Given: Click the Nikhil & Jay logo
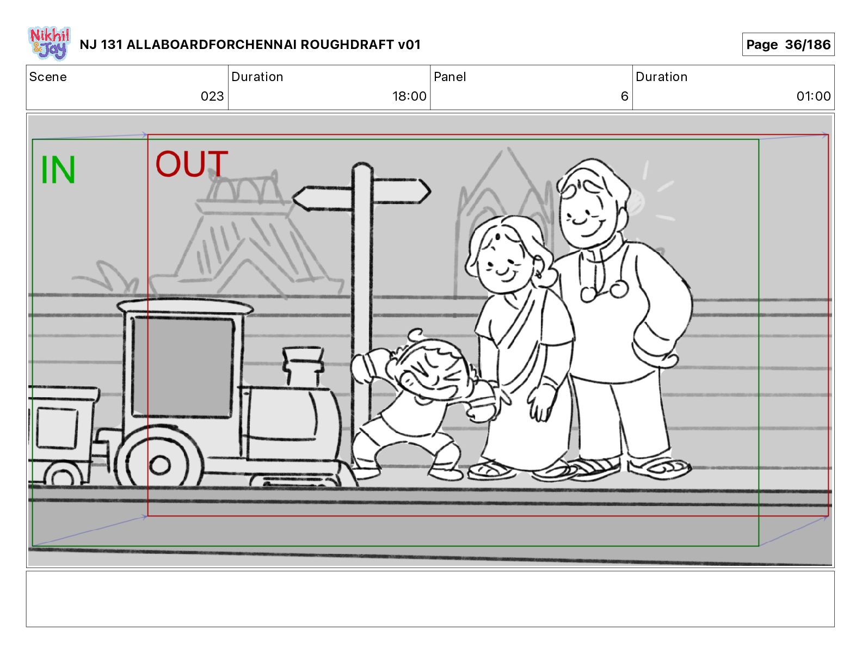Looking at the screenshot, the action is (50, 43).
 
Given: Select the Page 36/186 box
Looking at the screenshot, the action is (788, 45).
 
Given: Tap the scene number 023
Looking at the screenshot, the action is (212, 96).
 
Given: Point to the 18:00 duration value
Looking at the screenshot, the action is (409, 96).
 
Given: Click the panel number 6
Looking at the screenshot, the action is (624, 96).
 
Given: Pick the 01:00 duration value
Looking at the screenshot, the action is (814, 96).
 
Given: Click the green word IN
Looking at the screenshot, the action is (58, 170).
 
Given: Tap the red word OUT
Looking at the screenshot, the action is (192, 163).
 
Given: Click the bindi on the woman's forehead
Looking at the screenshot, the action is (497, 237).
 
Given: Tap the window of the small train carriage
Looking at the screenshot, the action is (57, 428).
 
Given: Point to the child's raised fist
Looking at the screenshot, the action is (362, 369).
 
